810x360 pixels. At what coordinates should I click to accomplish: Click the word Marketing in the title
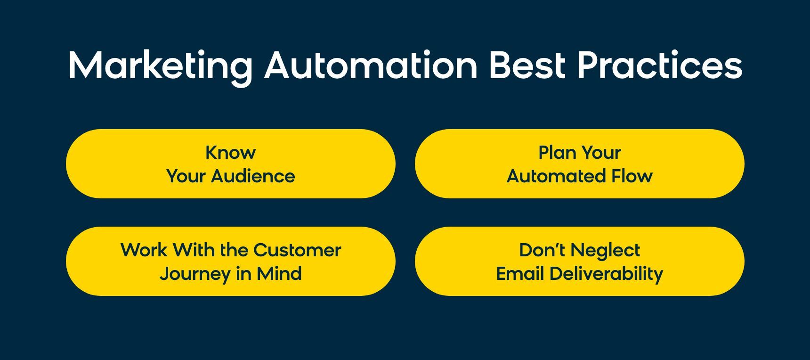[161, 66]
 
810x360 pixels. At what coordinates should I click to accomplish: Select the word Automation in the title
[371, 65]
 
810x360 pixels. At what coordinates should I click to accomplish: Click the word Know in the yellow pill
[231, 153]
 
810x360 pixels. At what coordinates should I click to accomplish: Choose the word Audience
[253, 176]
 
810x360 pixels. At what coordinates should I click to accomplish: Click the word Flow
[632, 176]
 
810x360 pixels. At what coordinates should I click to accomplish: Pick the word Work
[144, 250]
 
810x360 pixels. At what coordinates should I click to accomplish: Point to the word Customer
[297, 250]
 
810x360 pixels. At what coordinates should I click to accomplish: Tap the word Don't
[542, 250]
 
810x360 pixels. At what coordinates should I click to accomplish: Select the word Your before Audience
[186, 176]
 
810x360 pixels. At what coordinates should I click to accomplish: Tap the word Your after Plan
[600, 153]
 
